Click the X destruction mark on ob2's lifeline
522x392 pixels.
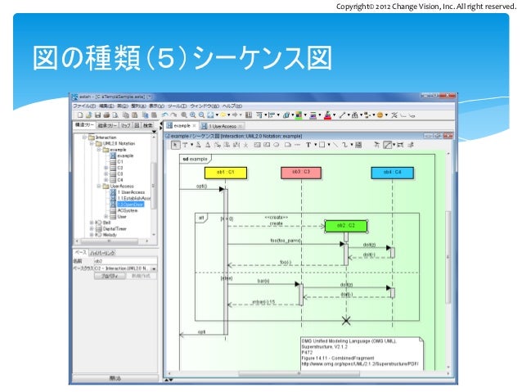tap(346, 318)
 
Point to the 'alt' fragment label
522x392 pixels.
tap(200, 218)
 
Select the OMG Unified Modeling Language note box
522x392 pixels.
tap(361, 357)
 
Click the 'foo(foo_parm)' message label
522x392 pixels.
tap(286, 241)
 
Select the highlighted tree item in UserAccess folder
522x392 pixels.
tap(130, 204)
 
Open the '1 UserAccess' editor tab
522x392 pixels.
tap(222, 126)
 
